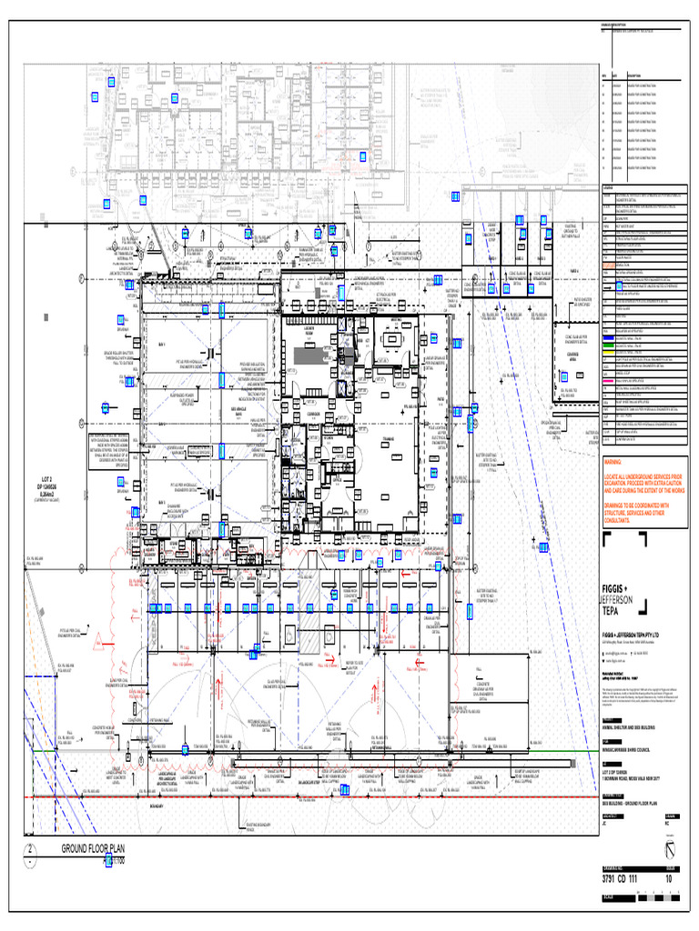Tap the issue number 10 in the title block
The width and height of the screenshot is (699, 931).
click(x=671, y=878)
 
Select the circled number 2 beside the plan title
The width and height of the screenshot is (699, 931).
click(x=31, y=851)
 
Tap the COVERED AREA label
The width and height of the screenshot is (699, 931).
click(x=572, y=356)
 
